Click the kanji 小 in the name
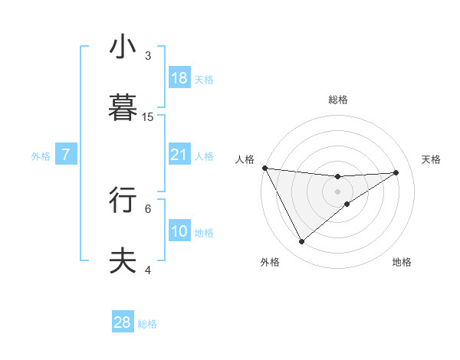(123, 47)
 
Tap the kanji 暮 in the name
(123, 109)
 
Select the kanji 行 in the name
(123, 200)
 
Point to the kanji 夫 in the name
(123, 261)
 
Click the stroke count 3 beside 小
(148, 56)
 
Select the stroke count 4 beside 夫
(148, 270)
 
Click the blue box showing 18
(179, 78)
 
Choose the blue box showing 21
(179, 155)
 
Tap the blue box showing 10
(179, 231)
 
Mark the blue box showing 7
(66, 155)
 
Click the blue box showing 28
(123, 322)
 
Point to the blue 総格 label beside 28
(147, 324)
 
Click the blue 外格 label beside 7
(41, 156)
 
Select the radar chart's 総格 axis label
(338, 100)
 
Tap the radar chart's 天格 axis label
(432, 159)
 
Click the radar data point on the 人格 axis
(264, 168)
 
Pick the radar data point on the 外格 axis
(301, 242)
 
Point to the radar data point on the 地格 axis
(347, 204)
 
